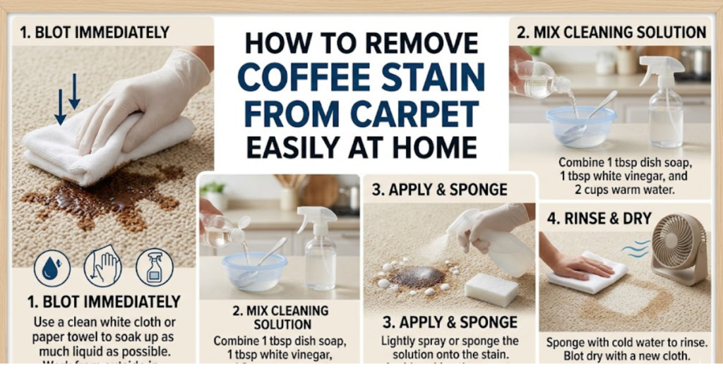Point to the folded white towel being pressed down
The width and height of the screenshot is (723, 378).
[x=106, y=145]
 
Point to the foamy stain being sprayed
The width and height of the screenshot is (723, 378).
[x=417, y=276]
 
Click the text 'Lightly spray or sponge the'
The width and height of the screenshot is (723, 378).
[x=450, y=341]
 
